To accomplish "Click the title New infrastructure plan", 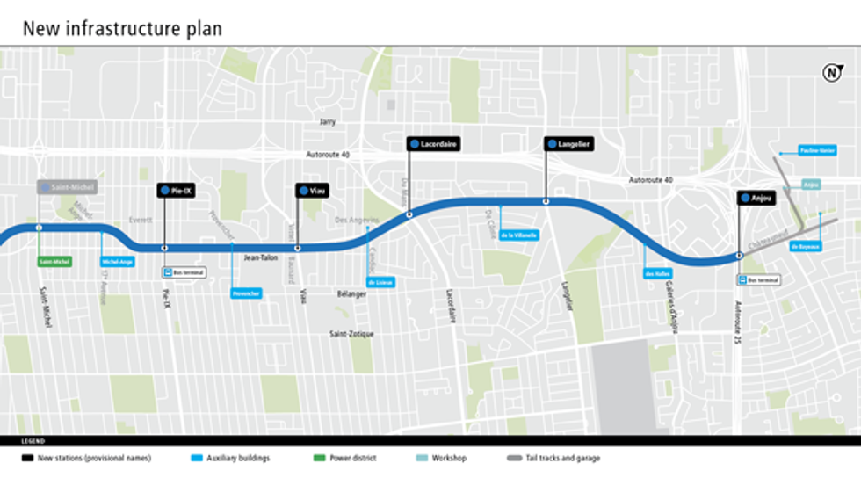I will [x=122, y=28].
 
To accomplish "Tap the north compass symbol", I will [x=831, y=73].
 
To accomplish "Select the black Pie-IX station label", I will [x=176, y=190].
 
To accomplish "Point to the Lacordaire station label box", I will [x=434, y=143].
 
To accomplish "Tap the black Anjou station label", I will [x=756, y=199].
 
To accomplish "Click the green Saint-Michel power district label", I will [x=54, y=262].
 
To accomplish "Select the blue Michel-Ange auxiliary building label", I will [x=117, y=262].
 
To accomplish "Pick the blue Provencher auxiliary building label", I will [x=246, y=293].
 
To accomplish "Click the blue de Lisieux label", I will [x=380, y=282].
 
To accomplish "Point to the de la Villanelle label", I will [x=518, y=235].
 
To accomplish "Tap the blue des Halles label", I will [x=657, y=273].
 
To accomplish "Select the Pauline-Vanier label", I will [x=816, y=151].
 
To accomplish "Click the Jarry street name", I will [x=328, y=122].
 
